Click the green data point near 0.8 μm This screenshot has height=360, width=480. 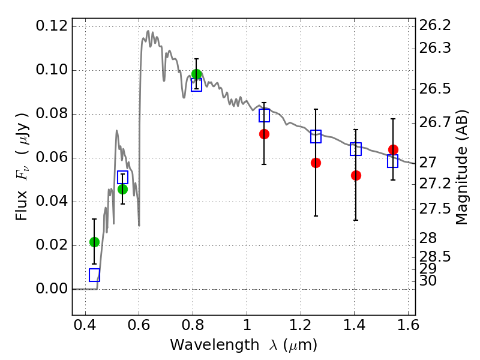(x=196, y=74)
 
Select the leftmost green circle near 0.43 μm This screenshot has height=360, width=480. (x=94, y=242)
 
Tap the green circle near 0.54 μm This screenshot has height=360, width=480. (x=122, y=189)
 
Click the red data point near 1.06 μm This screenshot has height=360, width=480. (x=264, y=134)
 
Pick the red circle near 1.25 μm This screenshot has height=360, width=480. (x=316, y=163)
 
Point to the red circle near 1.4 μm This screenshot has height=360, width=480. (x=356, y=175)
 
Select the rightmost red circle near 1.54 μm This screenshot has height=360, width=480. (x=393, y=149)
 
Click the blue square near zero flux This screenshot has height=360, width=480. (x=94, y=275)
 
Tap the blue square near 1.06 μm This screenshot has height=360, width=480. (x=264, y=116)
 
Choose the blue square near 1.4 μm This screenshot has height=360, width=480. (x=356, y=149)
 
